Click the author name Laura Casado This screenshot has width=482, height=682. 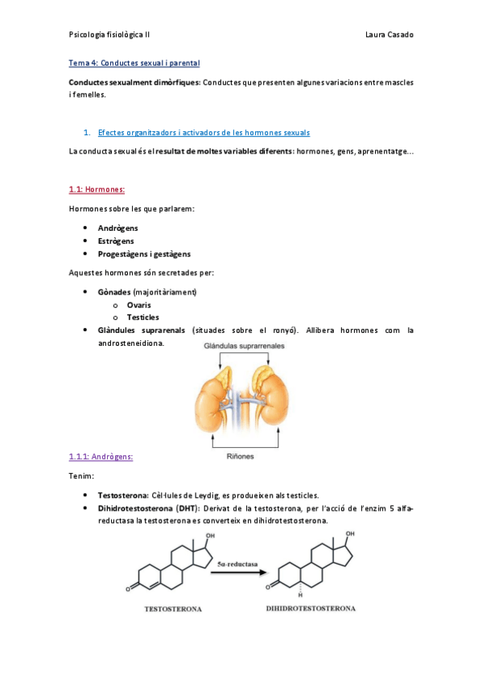click(x=389, y=35)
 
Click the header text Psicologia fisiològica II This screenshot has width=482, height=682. click(x=109, y=35)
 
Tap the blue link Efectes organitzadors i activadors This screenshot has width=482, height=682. click(x=203, y=133)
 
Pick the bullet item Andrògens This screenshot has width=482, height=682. click(x=116, y=228)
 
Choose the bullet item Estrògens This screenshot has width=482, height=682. click(x=116, y=240)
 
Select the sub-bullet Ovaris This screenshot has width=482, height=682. click(x=138, y=305)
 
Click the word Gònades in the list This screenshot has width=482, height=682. click(x=114, y=292)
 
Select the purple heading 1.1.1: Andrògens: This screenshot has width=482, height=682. click(x=101, y=457)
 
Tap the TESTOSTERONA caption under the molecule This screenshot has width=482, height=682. click(x=172, y=609)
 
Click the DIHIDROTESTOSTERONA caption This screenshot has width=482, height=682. click(x=311, y=609)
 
